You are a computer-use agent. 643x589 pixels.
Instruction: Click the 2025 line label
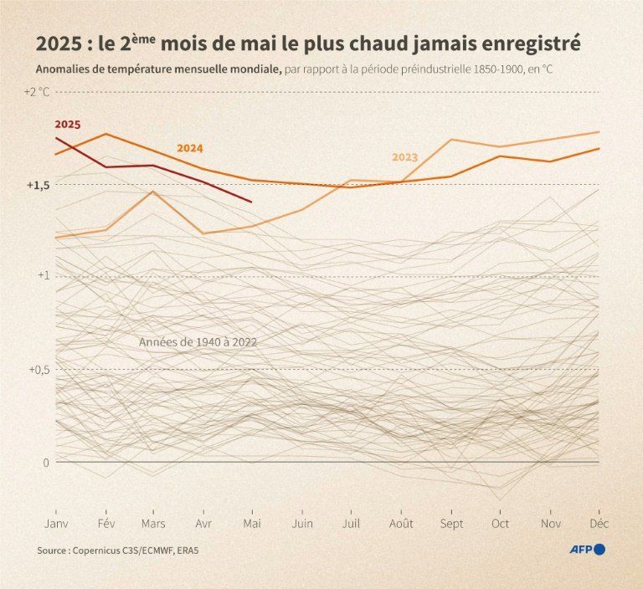(68, 124)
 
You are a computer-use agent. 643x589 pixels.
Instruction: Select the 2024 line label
(190, 148)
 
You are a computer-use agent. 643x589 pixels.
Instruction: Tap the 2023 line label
(404, 157)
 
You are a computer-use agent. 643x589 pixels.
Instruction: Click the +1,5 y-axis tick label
(39, 184)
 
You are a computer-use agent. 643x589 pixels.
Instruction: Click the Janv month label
(55, 523)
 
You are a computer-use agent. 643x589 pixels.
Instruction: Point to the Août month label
(402, 523)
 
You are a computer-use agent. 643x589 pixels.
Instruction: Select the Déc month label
(600, 523)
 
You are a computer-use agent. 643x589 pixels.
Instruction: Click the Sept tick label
(451, 523)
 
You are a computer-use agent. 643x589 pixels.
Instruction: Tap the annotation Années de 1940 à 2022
(198, 342)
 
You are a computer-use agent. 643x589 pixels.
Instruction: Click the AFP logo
(586, 549)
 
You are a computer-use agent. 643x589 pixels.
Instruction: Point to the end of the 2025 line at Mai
(252, 202)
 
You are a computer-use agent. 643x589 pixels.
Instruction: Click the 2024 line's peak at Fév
(105, 134)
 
